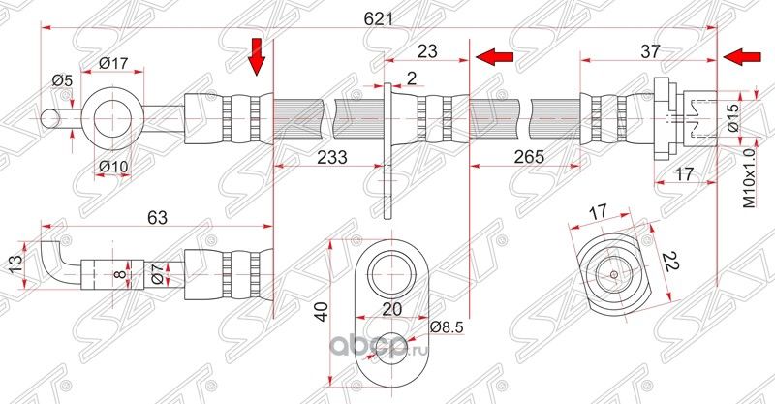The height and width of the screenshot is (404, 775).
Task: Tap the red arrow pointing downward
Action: click(257, 55)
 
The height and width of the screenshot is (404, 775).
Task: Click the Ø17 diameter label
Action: click(114, 65)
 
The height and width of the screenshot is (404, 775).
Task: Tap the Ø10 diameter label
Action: click(114, 167)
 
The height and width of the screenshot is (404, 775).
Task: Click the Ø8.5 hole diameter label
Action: click(447, 326)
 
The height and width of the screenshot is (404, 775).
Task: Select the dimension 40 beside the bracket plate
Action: click(320, 312)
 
